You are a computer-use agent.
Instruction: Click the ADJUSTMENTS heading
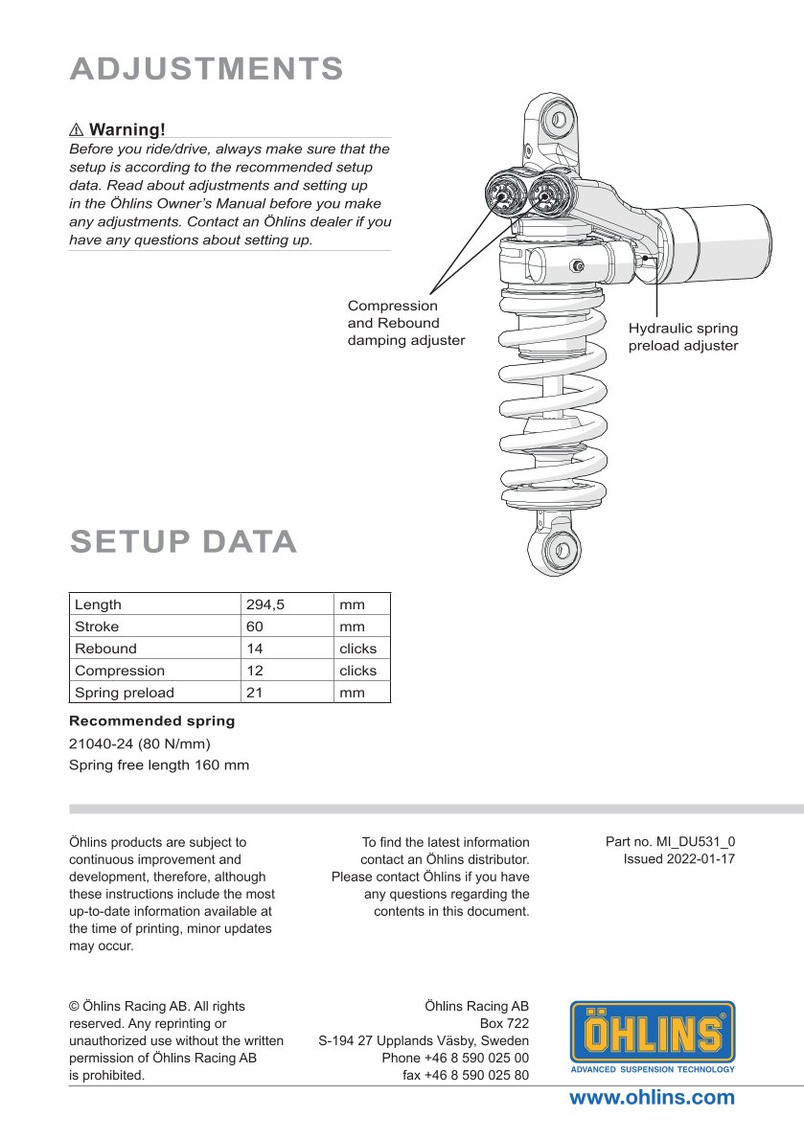pos(207,69)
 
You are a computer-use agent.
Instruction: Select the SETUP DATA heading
pos(183,541)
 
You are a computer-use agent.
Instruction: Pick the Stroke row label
pos(97,627)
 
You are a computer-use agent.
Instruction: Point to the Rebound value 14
pos(255,649)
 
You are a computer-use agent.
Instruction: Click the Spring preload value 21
pos(255,693)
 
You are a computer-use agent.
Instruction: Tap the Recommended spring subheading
pos(151,720)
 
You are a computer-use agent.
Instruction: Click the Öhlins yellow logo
pos(653,1037)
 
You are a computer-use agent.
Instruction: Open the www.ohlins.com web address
pos(652,1098)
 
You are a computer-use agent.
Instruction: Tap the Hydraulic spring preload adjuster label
pos(683,337)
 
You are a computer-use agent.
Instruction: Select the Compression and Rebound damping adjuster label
pos(405,323)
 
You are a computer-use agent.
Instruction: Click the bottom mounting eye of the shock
pos(559,550)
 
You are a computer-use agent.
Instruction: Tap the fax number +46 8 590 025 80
pos(466,1075)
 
